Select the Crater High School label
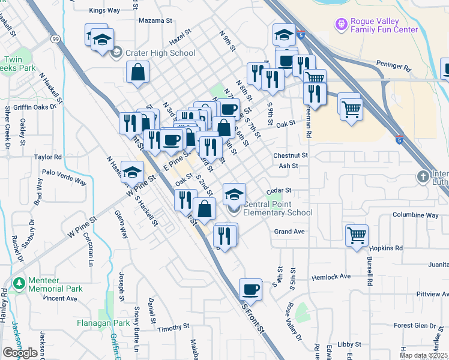(160, 53)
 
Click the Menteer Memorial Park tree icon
(20, 281)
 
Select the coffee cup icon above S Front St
(251, 289)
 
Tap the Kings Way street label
(104, 10)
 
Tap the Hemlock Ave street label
(331, 277)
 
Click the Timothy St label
(173, 329)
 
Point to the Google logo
(20, 353)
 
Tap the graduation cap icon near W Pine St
(132, 172)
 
